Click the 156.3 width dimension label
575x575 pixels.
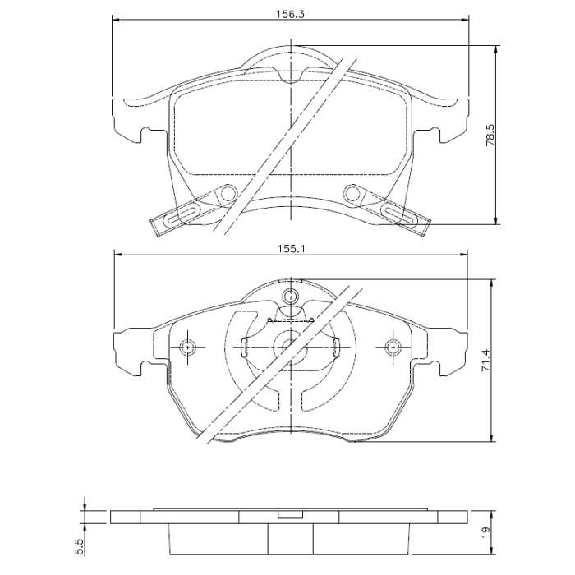291,14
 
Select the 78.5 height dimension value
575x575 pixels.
490,135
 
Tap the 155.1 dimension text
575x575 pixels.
291,249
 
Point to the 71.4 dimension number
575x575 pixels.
485,361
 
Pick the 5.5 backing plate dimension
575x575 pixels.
81,547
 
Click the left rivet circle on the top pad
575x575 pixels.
228,193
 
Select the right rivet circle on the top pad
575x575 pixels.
352,193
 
